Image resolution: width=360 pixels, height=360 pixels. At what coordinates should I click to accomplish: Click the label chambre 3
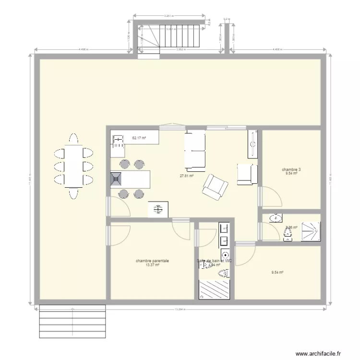[x=291, y=169]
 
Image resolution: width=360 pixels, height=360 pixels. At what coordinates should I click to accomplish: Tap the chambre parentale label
[x=152, y=261]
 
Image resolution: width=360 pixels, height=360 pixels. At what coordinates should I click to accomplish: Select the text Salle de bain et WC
[x=215, y=261]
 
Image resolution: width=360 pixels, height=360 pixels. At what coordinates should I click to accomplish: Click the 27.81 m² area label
[x=186, y=176]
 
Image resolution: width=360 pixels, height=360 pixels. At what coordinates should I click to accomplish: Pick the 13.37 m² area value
[x=152, y=265]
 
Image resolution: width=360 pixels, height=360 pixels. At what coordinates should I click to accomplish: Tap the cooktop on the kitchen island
[x=117, y=179]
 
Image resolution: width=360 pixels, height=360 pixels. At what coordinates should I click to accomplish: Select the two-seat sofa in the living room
[x=195, y=150]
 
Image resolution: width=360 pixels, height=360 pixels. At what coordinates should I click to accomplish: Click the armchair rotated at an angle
[x=215, y=186]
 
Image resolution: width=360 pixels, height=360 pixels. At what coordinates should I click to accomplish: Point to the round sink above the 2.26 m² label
[x=276, y=218]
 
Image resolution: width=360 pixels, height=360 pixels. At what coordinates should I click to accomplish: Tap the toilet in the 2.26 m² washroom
[x=288, y=234]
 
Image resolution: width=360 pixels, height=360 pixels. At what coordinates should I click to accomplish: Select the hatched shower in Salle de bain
[x=215, y=289]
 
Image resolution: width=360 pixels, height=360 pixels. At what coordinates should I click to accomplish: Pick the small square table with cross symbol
[x=158, y=209]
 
